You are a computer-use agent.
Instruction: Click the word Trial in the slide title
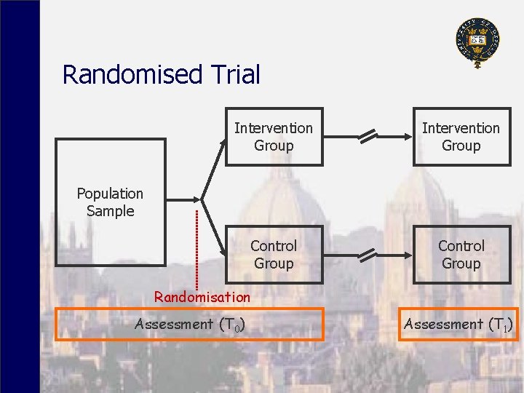[x=234, y=74]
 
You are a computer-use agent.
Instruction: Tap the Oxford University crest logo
[x=477, y=41]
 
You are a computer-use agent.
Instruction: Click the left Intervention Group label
[x=274, y=137]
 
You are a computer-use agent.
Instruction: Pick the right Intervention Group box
[x=461, y=137]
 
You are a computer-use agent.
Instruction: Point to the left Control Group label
[x=274, y=255]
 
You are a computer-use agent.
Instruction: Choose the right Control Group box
[x=461, y=255]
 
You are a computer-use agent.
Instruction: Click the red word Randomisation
[x=202, y=297]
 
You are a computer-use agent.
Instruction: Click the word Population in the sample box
[x=110, y=194]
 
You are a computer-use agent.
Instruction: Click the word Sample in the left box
[x=110, y=211]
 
